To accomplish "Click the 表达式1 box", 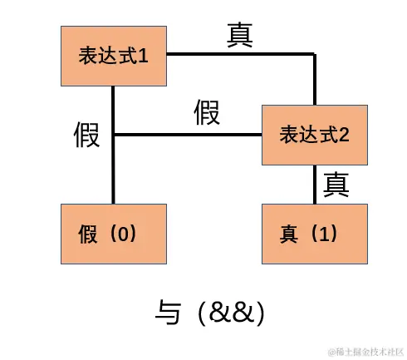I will pos(114,56).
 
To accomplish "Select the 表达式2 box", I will pos(313,134).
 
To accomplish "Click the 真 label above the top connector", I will pos(240,35).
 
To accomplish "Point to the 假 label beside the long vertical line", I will pos(86,134).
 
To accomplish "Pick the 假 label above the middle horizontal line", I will pos(207,112).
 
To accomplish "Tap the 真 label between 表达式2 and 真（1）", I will pos(336,183).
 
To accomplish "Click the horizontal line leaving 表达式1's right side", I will pos(241,55).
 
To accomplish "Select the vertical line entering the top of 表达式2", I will pos(315,80).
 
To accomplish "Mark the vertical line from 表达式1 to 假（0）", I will pos(114,166).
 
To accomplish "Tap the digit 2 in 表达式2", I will pos(343,135).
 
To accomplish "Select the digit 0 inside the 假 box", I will pos(125,234).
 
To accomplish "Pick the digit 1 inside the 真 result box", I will pos(326,234).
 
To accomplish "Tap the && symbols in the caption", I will pos(232,313).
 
